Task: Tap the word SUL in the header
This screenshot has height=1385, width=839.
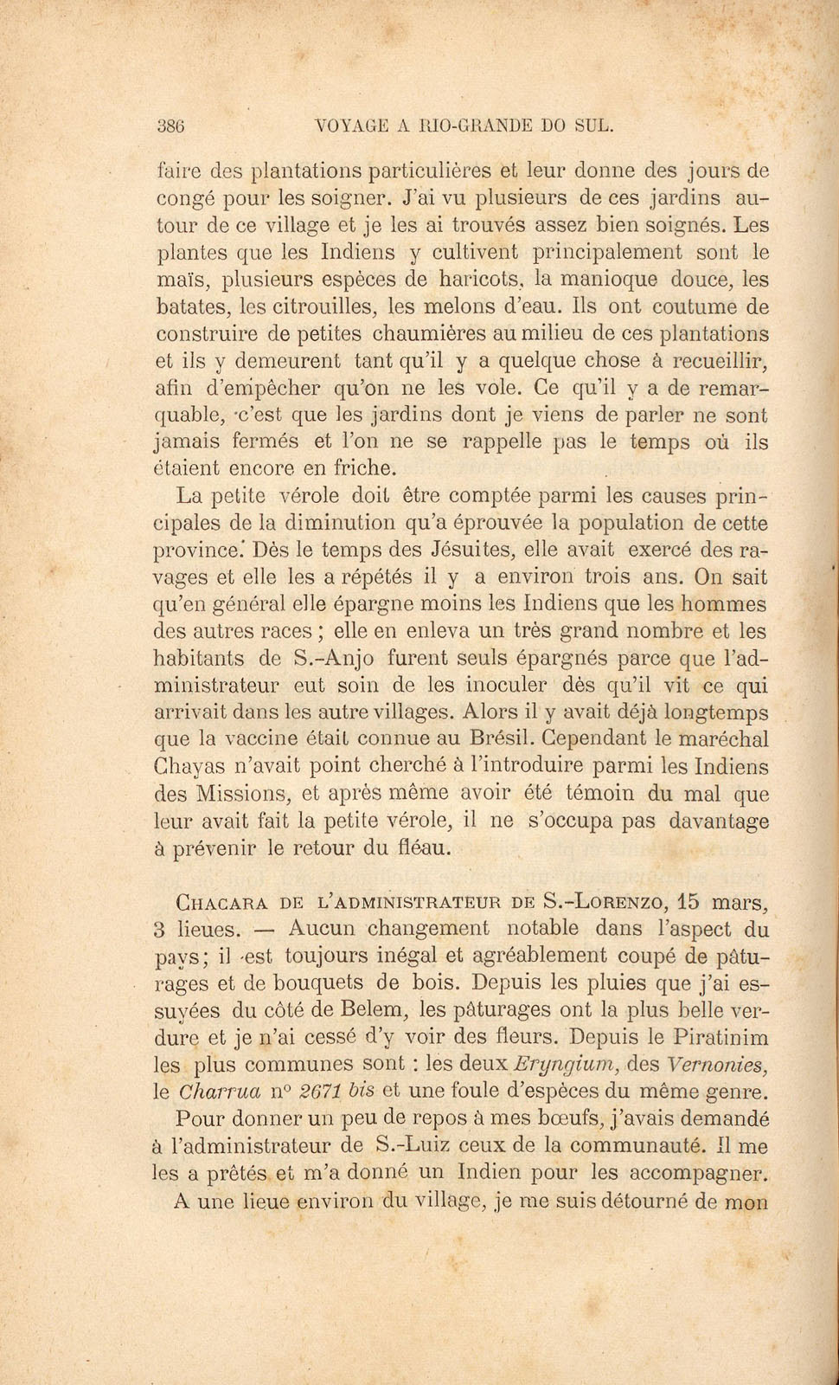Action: click(593, 125)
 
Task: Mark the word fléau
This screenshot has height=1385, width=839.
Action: click(420, 847)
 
